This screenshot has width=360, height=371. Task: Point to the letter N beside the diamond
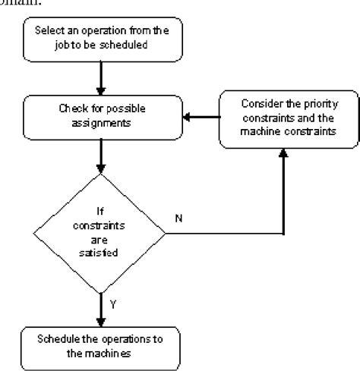(180, 219)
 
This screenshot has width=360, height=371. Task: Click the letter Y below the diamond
(113, 303)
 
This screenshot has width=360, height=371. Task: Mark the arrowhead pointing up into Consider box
(284, 154)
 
